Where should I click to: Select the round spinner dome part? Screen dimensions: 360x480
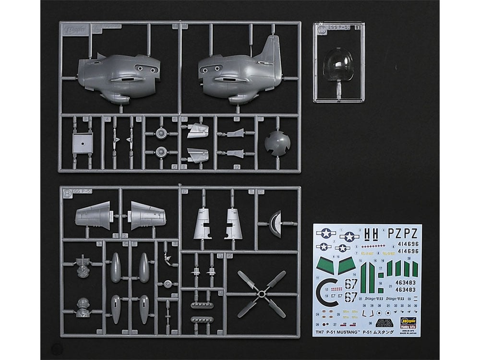[277, 143]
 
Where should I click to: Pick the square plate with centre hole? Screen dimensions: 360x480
[83, 143]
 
